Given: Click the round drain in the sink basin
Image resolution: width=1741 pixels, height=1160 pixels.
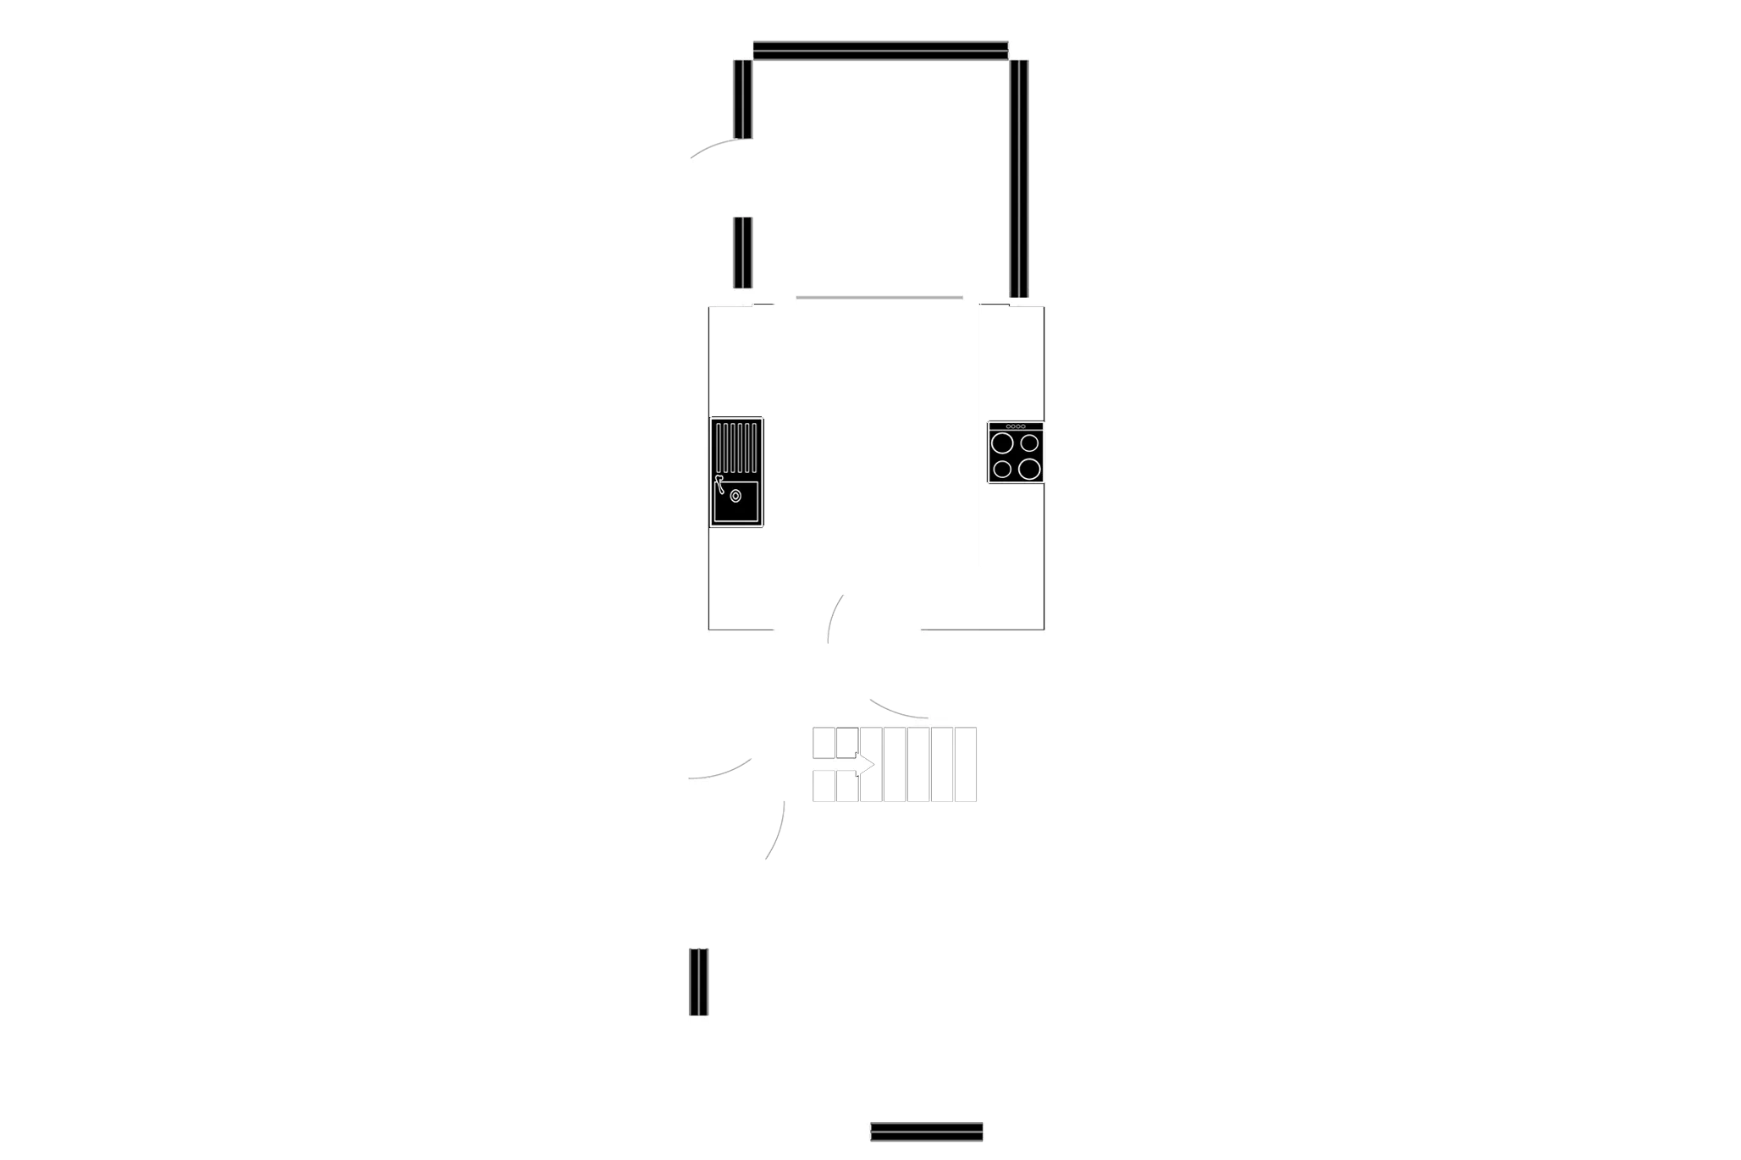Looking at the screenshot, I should point(736,497).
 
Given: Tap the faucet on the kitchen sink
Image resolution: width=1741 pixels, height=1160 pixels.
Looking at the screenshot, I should point(719,483).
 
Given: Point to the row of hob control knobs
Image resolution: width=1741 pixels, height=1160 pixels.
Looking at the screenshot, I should point(1016,426).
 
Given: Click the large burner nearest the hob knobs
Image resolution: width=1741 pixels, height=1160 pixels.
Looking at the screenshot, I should point(1003,443).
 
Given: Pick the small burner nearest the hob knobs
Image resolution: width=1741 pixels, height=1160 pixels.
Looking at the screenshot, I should point(1029,443).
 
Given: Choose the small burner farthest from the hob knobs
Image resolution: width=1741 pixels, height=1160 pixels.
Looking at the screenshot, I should point(1002,469).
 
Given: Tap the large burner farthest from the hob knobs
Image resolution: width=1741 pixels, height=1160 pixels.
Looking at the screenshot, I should point(1029,469).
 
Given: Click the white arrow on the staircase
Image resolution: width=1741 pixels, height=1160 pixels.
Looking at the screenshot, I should point(858,765).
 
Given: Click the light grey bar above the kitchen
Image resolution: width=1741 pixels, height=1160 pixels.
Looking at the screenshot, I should point(880,298).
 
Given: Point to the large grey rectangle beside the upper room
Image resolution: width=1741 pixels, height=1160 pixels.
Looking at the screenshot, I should point(1380,158).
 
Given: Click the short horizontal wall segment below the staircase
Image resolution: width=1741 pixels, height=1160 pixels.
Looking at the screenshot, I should point(928,1130).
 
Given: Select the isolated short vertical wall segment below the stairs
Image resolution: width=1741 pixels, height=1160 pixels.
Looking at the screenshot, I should point(697,981).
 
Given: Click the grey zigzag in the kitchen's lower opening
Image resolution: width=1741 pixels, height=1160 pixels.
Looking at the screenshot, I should point(835,619).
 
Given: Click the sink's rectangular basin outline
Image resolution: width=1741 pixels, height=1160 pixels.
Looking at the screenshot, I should point(736,502).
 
